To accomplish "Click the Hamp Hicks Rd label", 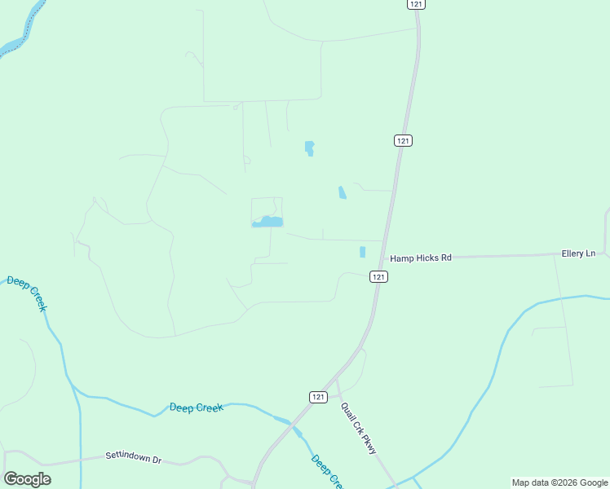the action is click(x=420, y=258).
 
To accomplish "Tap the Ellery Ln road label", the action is click(x=578, y=253).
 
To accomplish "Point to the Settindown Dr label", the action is click(x=134, y=457).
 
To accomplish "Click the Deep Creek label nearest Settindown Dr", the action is click(x=196, y=407).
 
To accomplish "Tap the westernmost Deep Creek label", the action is click(x=27, y=293).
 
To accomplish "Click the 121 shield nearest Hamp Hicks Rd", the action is click(x=378, y=276).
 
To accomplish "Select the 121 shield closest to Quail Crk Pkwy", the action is click(x=319, y=396).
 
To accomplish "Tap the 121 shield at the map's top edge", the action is click(x=417, y=4).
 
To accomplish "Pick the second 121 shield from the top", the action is click(x=403, y=140).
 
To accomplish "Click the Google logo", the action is click(x=28, y=479).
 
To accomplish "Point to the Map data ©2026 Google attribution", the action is click(x=559, y=482).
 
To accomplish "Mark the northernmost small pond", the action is click(x=309, y=148).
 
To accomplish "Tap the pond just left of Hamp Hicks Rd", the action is click(x=362, y=252).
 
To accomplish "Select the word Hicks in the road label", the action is click(x=426, y=258).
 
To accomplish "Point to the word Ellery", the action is click(x=573, y=253).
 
